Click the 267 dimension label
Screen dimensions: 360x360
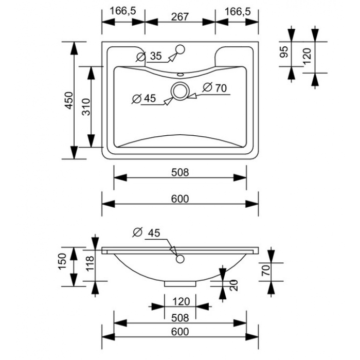180,17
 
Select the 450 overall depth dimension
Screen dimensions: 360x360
69,100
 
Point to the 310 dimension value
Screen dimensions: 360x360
86,107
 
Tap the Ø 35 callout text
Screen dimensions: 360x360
149,56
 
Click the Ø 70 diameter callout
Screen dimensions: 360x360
214,88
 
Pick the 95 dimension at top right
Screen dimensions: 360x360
284,51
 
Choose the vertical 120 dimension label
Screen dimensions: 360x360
307,56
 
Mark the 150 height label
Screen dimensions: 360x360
62,261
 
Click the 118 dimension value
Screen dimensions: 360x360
90,263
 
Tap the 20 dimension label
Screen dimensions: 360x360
233,285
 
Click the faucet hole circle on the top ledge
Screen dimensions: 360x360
180,49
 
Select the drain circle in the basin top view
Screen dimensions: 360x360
180,91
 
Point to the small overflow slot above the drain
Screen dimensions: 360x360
180,75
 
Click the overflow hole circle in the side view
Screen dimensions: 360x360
180,259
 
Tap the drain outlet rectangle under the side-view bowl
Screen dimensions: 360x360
180,284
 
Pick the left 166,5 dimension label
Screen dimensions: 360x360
123,11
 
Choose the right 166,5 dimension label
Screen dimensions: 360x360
238,11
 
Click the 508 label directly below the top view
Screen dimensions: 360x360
180,172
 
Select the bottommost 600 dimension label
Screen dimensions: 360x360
180,332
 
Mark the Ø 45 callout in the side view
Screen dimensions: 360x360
147,232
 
